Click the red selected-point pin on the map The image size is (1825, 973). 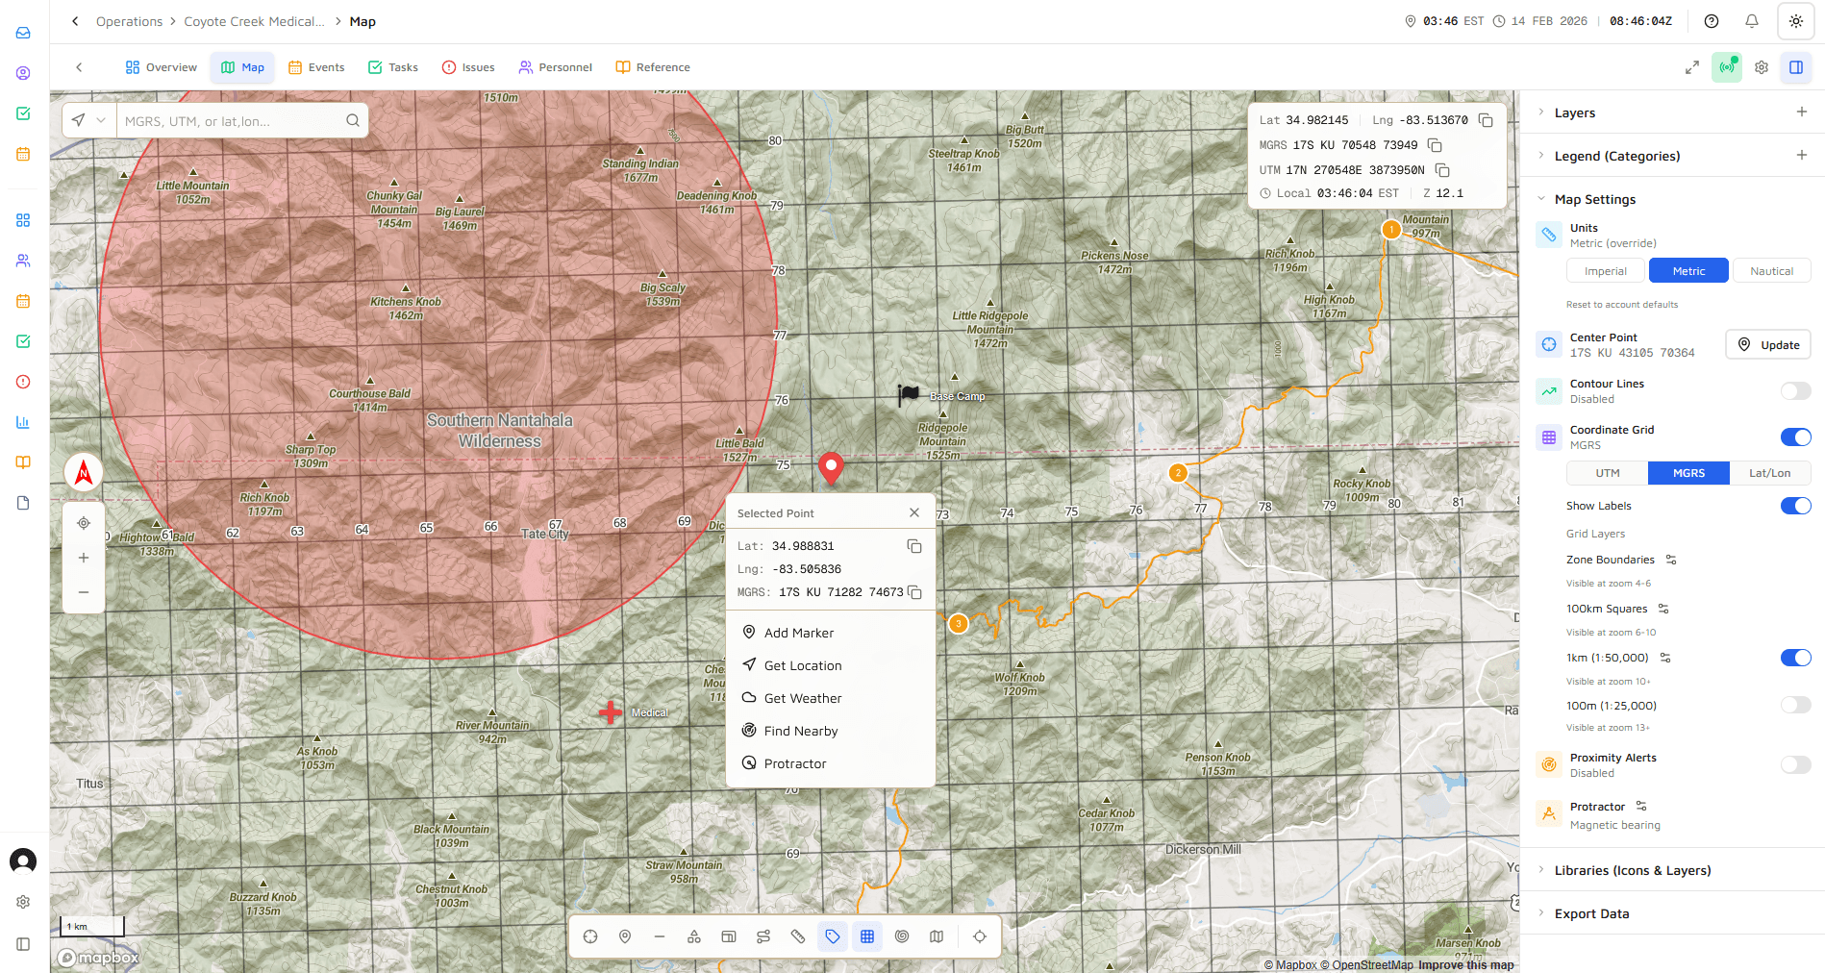pyautogui.click(x=831, y=466)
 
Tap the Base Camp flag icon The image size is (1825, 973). pyautogui.click(x=908, y=394)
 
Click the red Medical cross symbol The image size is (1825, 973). pyautogui.click(x=610, y=712)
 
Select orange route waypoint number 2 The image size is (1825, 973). pyautogui.click(x=1178, y=473)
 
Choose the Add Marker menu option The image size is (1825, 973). pyautogui.click(x=798, y=633)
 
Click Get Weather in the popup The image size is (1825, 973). pyautogui.click(x=802, y=698)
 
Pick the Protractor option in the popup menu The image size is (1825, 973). pyautogui.click(x=794, y=763)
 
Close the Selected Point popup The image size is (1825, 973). pyautogui.click(x=914, y=513)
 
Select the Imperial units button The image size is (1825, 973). pyautogui.click(x=1605, y=271)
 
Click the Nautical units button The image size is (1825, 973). pyautogui.click(x=1771, y=271)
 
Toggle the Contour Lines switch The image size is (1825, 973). pyautogui.click(x=1794, y=390)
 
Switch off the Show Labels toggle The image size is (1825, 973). pyautogui.click(x=1794, y=506)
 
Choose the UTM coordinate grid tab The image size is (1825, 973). pyautogui.click(x=1608, y=473)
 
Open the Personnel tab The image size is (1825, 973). pyautogui.click(x=555, y=67)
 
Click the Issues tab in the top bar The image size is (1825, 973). pyautogui.click(x=468, y=67)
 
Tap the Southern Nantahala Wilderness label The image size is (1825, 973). pyautogui.click(x=499, y=431)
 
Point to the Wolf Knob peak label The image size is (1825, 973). pyautogui.click(x=1019, y=683)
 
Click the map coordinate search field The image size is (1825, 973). pyautogui.click(x=231, y=121)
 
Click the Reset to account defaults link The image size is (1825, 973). pyautogui.click(x=1622, y=305)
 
